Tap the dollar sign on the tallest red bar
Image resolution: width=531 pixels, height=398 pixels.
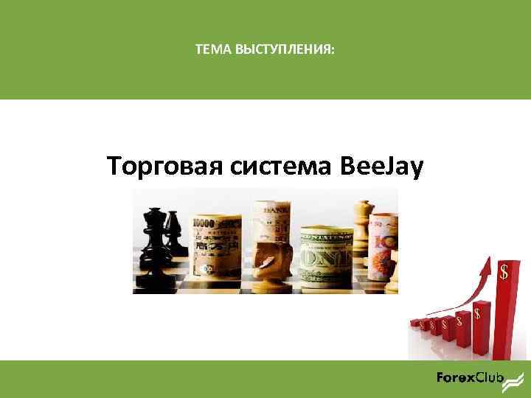(x=504, y=272)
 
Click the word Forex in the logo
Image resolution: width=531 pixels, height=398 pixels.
(x=455, y=379)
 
